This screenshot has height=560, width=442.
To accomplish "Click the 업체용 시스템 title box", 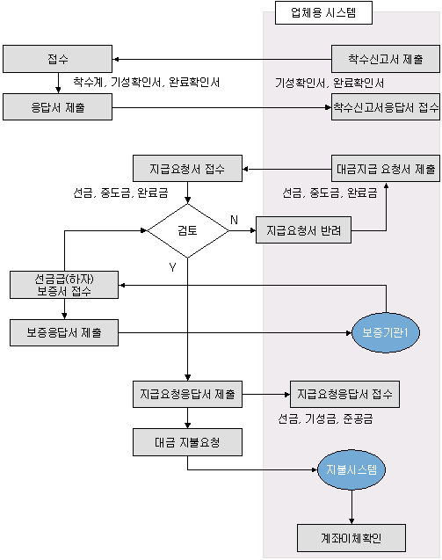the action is coord(323,13).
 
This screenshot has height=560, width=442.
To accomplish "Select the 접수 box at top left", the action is coord(57,59).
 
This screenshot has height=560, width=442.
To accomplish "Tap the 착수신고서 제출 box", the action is coord(386,59).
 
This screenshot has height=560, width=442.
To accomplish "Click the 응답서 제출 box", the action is coord(57,107).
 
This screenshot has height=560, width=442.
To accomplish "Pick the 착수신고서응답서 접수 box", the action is coord(386,107).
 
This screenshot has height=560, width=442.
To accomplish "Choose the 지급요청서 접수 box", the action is coord(187,169).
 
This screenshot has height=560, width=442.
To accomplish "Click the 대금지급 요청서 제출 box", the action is coord(386,169).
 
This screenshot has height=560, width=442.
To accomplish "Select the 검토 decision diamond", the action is coord(188,230).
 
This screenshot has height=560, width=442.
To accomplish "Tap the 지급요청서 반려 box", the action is coord(303,230).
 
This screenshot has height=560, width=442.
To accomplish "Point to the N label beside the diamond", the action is coord(234,220).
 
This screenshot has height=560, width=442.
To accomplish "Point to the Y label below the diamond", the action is coord(172,267).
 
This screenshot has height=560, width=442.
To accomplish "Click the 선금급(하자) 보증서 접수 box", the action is coord(64,285).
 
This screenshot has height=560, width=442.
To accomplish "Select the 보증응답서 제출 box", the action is coord(64,333).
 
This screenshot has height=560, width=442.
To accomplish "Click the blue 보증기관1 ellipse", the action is coord(386,333).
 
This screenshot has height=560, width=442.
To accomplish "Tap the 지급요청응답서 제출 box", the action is coord(187,394).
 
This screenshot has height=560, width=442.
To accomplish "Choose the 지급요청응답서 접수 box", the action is coord(344,394).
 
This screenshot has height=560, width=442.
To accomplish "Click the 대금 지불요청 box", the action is coord(187,442).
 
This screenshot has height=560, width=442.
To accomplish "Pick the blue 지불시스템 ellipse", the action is coord(351,469).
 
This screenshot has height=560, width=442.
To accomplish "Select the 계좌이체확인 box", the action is coord(351,538).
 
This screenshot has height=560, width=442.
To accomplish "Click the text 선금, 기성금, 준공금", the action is coord(326,418).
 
